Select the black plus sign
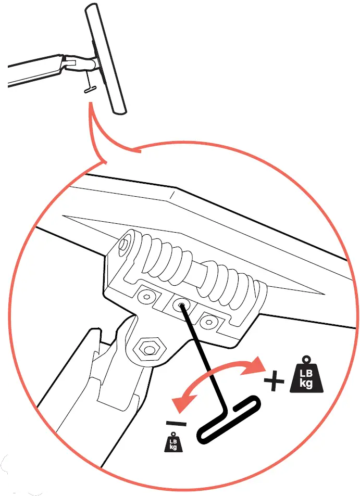(274, 381)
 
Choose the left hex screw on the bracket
(147, 296)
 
